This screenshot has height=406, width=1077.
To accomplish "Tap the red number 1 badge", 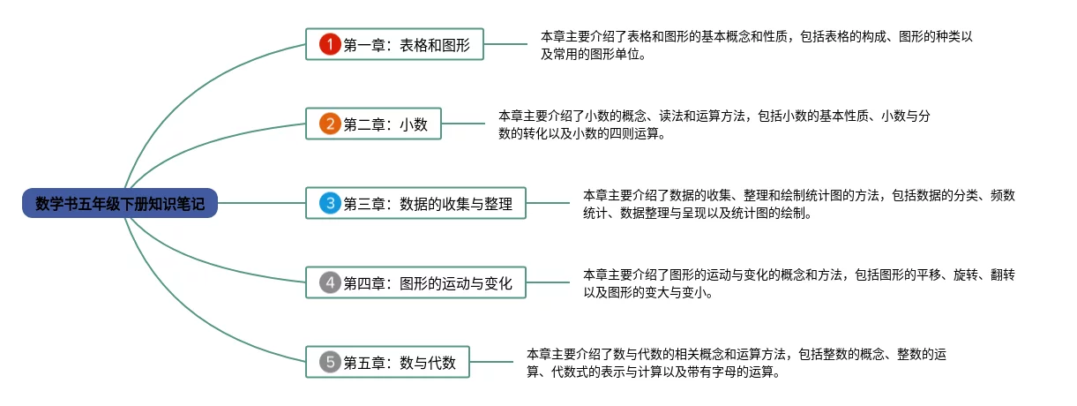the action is [329, 44].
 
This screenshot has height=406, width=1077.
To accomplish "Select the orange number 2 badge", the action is [329, 124].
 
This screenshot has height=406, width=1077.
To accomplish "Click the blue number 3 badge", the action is [329, 204].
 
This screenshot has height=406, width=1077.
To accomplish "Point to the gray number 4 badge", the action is [329, 283].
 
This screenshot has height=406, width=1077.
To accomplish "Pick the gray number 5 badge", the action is [329, 361].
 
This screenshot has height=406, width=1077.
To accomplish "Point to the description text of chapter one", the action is [756, 45].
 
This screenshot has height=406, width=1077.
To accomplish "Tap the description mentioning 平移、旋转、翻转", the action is [798, 283].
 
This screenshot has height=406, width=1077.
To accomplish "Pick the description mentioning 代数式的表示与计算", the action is [736, 363].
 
